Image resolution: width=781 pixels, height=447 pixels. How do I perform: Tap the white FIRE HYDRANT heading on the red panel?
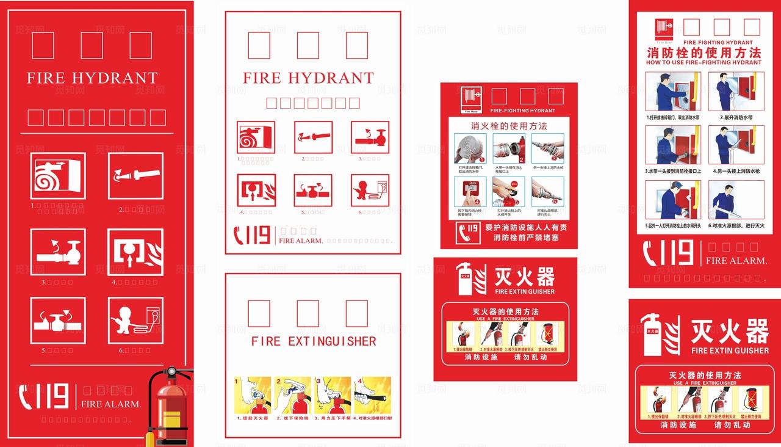pos(92,78)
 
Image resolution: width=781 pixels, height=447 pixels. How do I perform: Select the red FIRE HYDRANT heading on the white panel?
pos(308,78)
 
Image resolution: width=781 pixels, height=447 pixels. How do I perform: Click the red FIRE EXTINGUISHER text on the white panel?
pos(314,341)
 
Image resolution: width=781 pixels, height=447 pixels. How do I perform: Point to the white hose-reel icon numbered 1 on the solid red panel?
pos(58,176)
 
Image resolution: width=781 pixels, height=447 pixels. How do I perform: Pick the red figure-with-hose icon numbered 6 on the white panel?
pos(369,190)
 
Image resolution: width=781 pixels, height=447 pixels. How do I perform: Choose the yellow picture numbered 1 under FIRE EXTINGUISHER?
pos(253,395)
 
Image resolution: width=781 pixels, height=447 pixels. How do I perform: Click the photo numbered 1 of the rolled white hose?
pos(470,148)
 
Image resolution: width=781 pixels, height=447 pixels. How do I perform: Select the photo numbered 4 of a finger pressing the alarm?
pos(470,192)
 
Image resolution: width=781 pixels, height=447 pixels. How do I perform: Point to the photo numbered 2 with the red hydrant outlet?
pos(509,148)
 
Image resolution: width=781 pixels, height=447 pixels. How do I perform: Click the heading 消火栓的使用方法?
pos(509,126)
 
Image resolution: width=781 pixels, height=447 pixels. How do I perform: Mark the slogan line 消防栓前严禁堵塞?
pos(526,238)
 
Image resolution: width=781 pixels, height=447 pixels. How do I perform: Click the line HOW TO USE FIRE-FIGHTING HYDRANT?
pos(704,62)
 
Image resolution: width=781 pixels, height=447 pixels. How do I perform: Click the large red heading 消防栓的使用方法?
pos(704,53)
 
